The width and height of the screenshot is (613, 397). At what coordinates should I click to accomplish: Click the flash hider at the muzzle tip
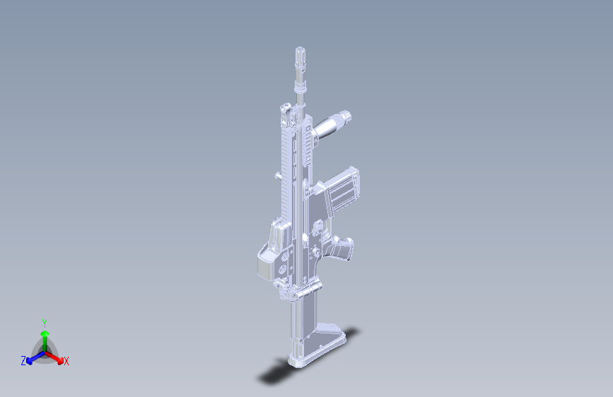tap(300, 57)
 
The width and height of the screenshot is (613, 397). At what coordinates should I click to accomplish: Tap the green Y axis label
tap(44, 322)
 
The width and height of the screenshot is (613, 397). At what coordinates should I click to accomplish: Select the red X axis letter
tap(66, 361)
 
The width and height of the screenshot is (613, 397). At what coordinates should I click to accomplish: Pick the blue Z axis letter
tap(23, 360)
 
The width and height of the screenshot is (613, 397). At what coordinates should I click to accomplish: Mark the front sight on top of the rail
tap(286, 109)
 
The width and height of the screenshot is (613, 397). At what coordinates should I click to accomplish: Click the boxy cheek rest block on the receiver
tap(270, 251)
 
